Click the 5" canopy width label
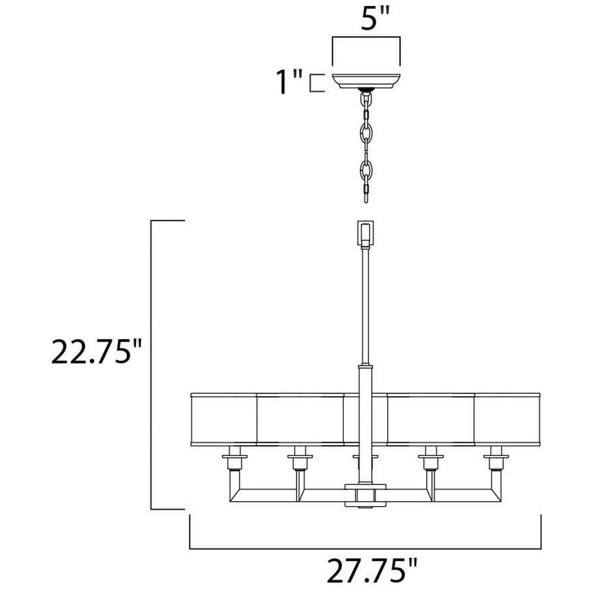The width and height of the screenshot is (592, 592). (x=375, y=18)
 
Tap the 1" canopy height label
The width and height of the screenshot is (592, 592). (x=289, y=81)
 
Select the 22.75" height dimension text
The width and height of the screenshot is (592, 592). (x=96, y=352)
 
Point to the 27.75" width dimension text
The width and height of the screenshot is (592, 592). (x=372, y=571)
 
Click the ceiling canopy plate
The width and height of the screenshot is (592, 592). (x=366, y=81)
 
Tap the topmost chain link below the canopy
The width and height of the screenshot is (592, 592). (x=366, y=99)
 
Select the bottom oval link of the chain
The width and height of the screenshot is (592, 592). (x=366, y=170)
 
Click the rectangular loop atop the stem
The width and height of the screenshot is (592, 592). (x=365, y=232)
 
